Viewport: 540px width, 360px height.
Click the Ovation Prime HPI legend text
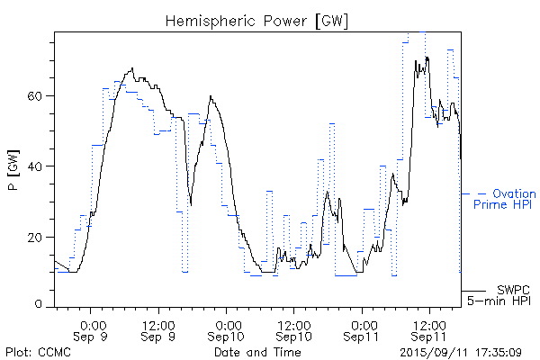[504, 199]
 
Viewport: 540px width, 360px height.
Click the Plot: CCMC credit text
[38, 352]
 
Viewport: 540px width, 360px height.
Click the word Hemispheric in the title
[208, 20]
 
